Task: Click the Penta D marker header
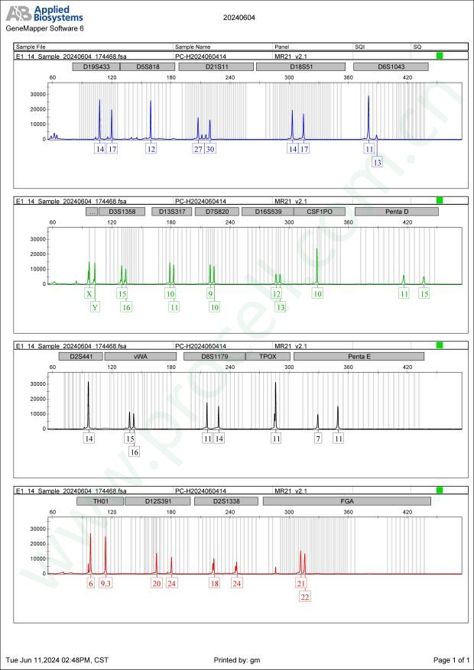click(x=397, y=211)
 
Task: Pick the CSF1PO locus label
click(x=320, y=211)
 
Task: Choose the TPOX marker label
click(x=268, y=356)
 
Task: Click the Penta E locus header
click(x=359, y=356)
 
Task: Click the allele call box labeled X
click(x=89, y=293)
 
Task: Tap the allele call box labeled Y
click(x=95, y=307)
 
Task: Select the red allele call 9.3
click(x=106, y=583)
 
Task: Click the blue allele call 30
click(x=210, y=149)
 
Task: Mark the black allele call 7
click(x=318, y=439)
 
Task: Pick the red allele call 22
click(x=305, y=597)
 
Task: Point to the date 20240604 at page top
click(x=238, y=16)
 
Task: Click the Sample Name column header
click(x=193, y=47)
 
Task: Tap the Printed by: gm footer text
click(x=237, y=659)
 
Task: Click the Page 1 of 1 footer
click(x=450, y=659)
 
